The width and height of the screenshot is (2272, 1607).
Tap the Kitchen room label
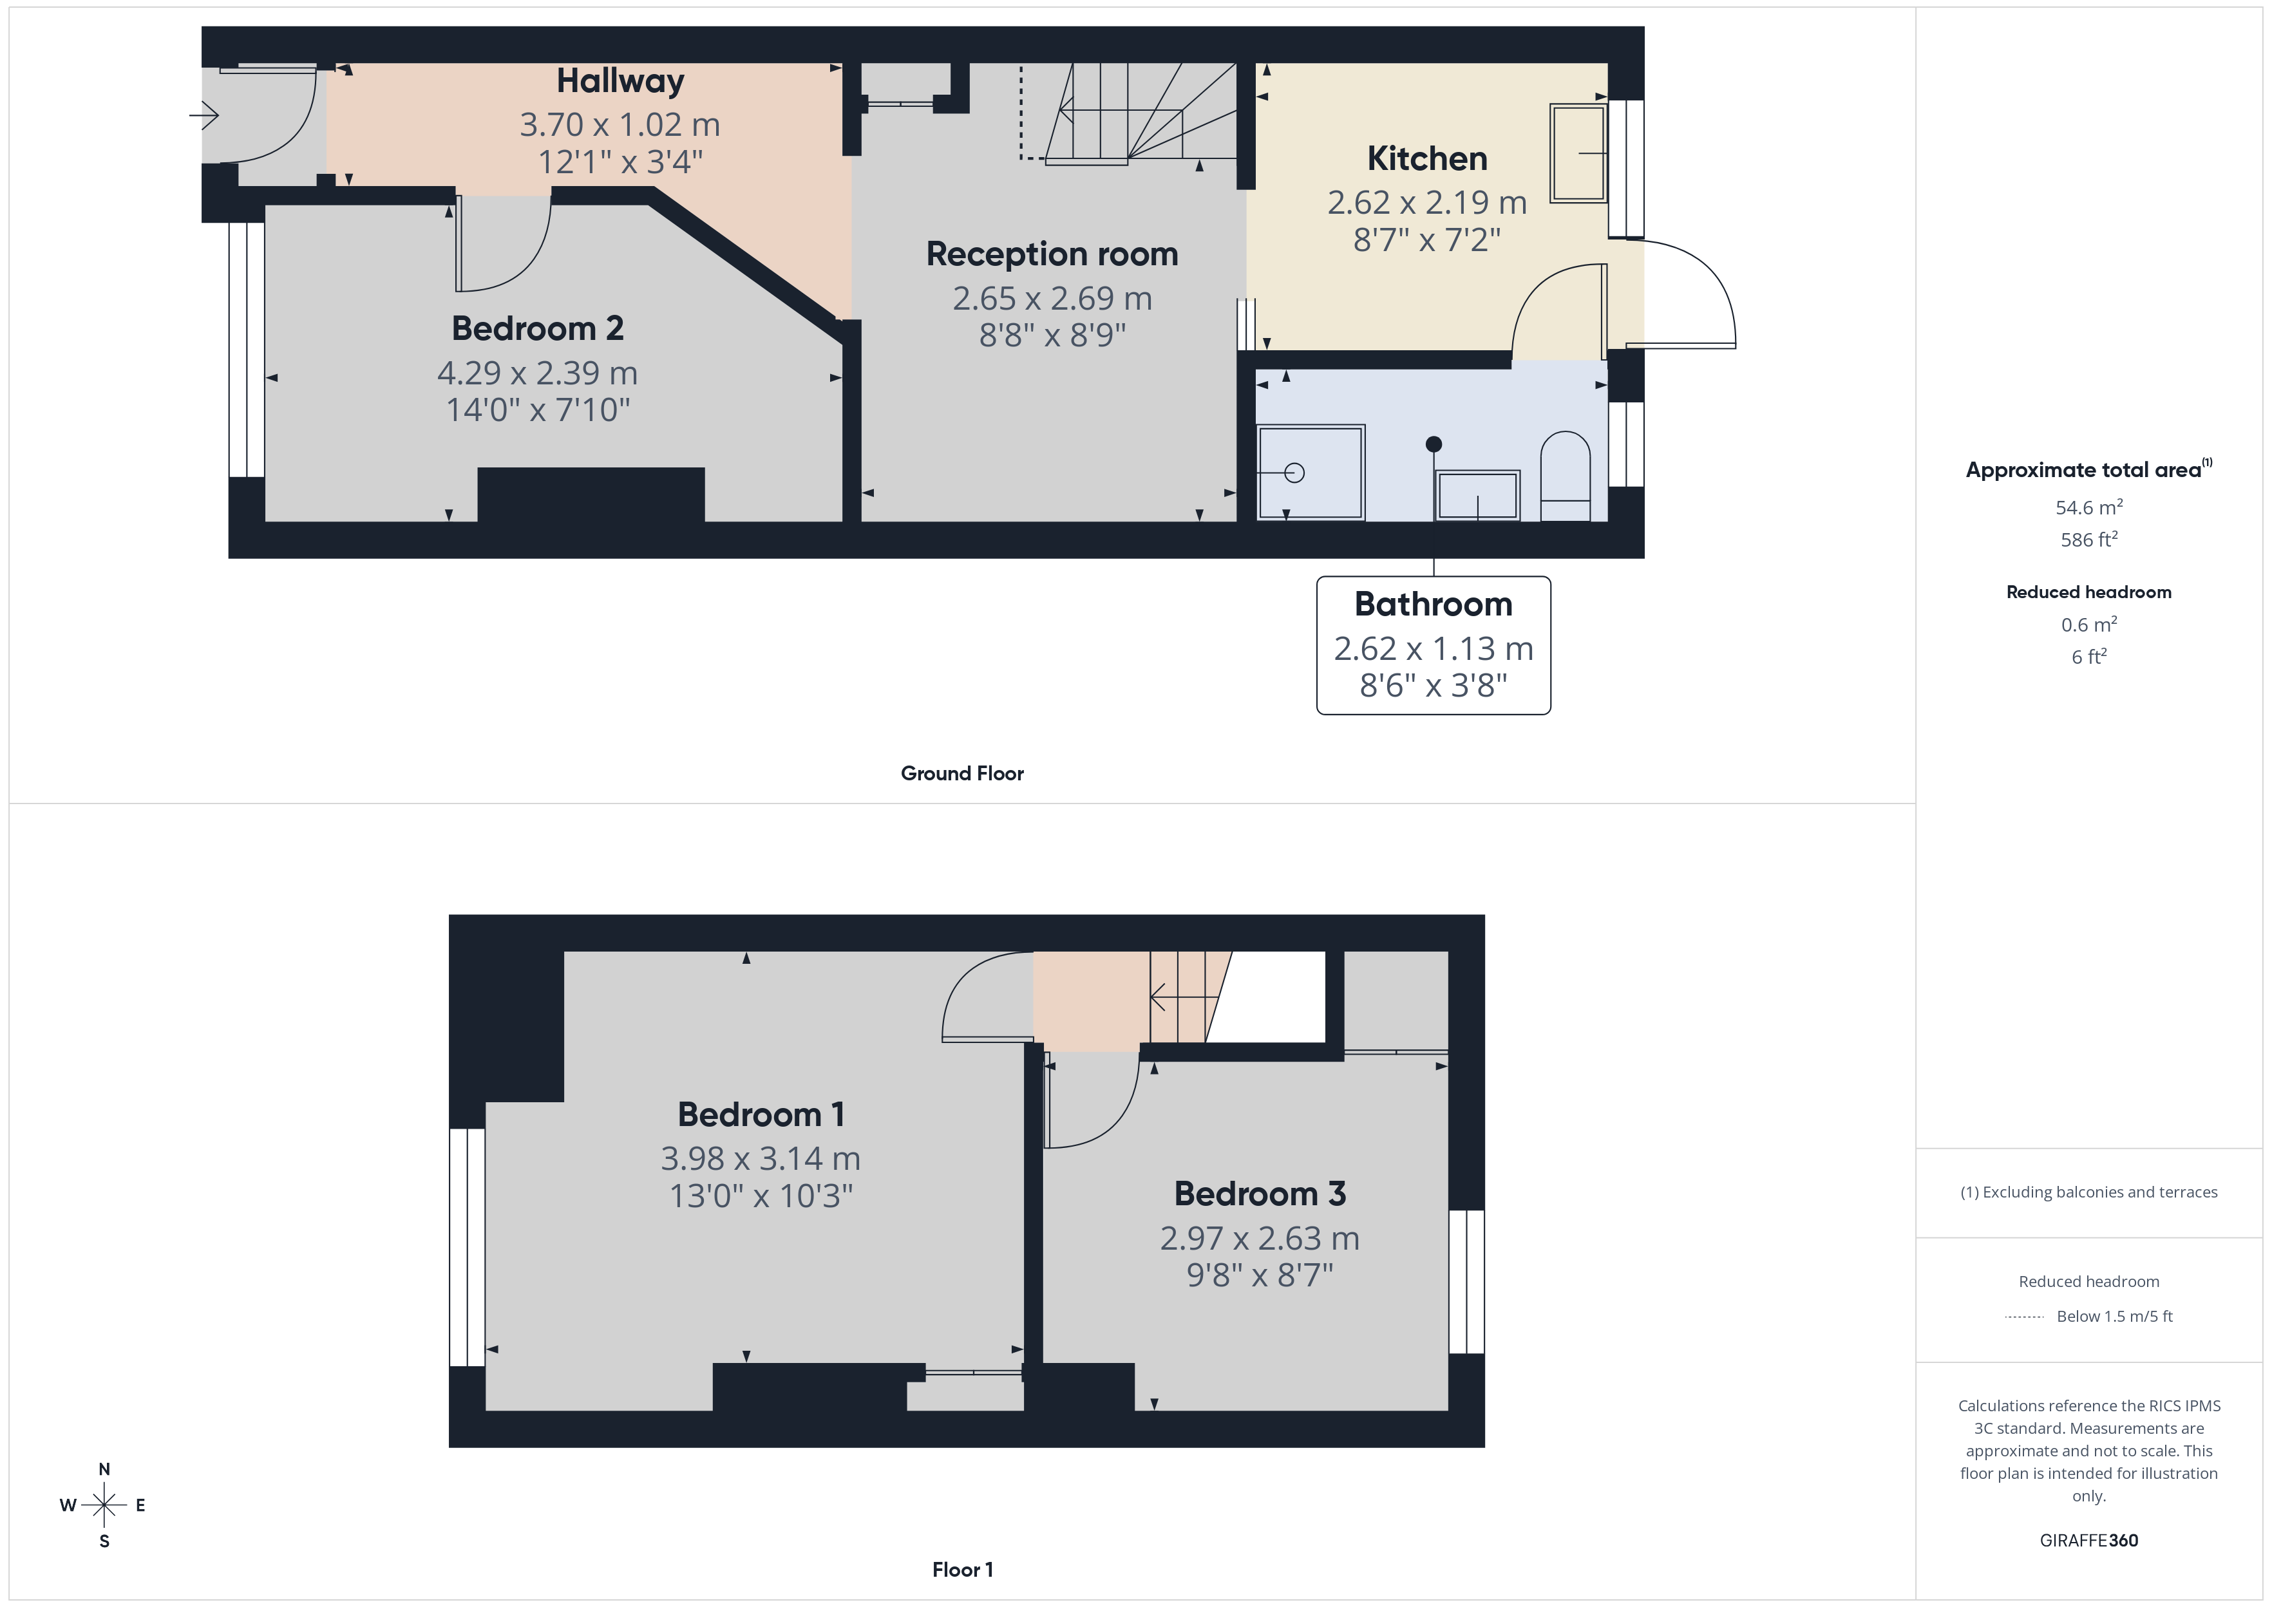pos(1427,158)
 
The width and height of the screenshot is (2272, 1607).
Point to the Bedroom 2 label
pos(537,328)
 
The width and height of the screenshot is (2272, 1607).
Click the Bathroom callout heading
pos(1433,604)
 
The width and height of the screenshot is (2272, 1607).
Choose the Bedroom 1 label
pos(761,1114)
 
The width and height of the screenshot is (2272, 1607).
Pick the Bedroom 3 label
pos(1260,1194)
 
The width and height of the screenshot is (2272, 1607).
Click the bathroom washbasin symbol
pos(1477,494)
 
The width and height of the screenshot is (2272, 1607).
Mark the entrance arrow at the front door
pos(204,116)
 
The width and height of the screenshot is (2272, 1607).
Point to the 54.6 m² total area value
pos(2089,507)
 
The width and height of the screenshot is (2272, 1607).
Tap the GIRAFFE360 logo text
pos(2089,1541)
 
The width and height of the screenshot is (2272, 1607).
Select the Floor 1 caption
pos(962,1570)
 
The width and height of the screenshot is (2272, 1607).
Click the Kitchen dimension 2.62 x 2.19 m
pos(1427,203)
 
